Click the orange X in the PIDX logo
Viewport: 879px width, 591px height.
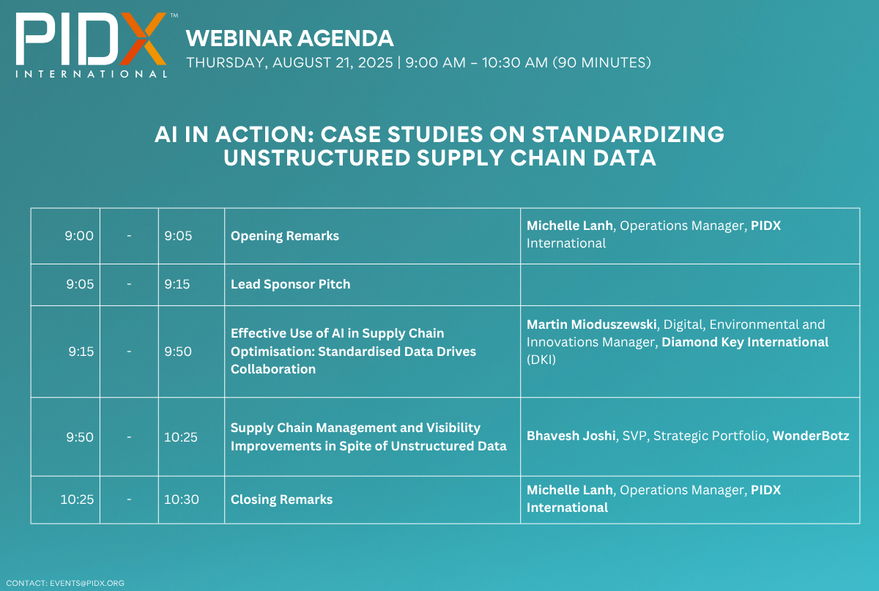pos(144,39)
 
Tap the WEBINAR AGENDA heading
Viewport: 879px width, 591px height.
pos(289,39)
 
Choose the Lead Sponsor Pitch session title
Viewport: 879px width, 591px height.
pos(290,284)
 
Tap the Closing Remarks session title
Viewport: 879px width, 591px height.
pos(281,499)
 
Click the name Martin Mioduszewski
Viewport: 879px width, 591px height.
pos(591,324)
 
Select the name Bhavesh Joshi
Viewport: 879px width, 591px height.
pos(571,436)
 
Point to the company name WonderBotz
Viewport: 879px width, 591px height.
pos(811,436)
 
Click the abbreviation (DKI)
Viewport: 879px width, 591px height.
pos(541,360)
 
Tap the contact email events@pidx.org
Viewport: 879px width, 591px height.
pos(86,583)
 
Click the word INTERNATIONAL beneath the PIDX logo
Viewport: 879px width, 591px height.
pos(92,74)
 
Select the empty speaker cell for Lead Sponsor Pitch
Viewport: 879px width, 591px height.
pos(690,284)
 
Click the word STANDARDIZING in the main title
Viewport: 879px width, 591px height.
pos(628,135)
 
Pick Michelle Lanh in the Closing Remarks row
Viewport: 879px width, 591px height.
pos(569,490)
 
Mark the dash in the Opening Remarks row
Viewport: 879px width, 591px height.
pos(129,236)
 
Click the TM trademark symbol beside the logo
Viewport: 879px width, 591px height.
pos(174,15)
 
